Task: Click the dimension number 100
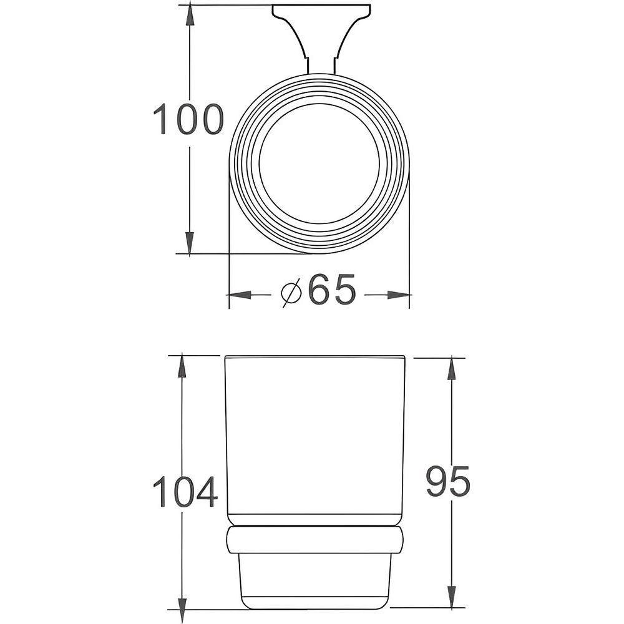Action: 188,119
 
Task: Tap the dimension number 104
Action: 185,492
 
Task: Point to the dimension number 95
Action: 448,482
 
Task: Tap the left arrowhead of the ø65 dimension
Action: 240,295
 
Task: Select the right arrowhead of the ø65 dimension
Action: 398,295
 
